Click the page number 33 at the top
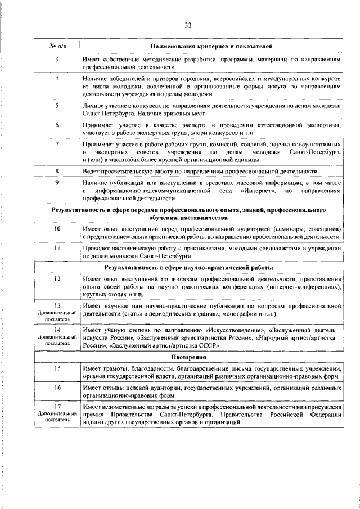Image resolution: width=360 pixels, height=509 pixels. click(188, 24)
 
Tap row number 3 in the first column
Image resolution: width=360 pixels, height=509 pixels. click(57, 59)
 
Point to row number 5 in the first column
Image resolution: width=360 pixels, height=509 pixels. click(57, 105)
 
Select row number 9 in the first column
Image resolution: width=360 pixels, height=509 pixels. click(57, 182)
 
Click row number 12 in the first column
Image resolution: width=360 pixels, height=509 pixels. click(57, 278)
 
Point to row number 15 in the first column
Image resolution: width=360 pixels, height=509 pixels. click(57, 367)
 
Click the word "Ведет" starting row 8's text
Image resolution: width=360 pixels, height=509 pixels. click(92, 170)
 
